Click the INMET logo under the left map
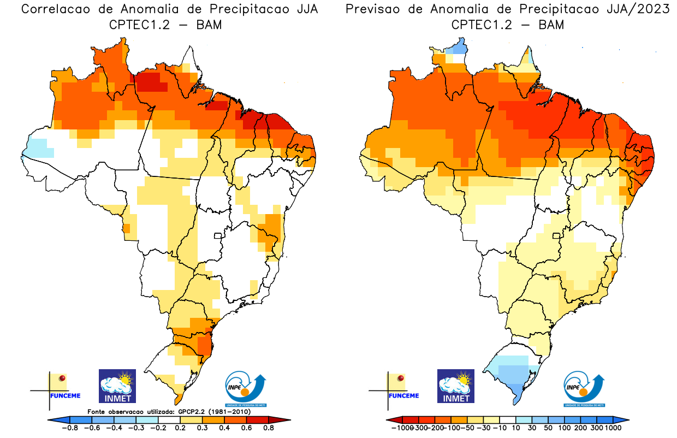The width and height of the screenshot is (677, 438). pos(117,386)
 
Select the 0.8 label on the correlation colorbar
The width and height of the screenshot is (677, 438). pos(269,428)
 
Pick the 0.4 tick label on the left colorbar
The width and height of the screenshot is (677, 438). pos(224,428)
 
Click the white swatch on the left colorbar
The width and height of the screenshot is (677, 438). pos(169,419)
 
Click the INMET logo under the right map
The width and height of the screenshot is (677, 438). pos(456,386)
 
